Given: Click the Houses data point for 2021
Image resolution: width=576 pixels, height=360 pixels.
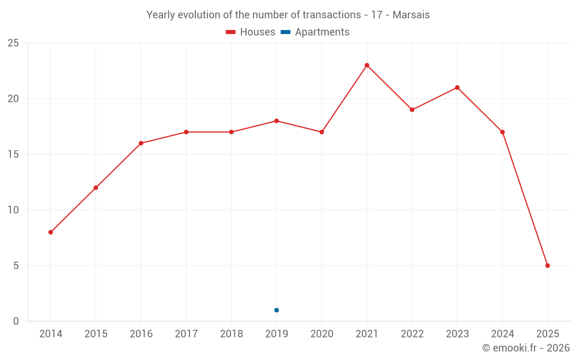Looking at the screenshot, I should [x=367, y=65].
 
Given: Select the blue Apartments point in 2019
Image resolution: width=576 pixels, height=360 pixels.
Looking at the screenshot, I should [x=276, y=310].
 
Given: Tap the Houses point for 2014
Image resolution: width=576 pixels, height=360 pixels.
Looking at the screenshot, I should [x=51, y=232].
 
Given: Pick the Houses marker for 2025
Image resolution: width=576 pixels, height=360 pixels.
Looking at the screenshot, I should [x=548, y=266].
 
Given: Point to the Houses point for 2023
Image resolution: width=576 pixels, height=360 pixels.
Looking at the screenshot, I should [x=457, y=88].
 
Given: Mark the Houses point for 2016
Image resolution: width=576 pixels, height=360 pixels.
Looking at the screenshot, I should [x=141, y=143].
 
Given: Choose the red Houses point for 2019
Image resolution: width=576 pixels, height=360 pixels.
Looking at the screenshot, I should [x=276, y=121].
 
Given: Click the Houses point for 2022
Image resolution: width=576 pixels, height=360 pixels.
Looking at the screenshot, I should [x=412, y=109].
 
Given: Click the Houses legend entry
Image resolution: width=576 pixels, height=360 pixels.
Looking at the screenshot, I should [x=251, y=32].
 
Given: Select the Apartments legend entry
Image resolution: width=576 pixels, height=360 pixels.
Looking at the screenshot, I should [x=315, y=32].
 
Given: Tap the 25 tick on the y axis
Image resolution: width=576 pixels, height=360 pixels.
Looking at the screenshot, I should [x=13, y=43].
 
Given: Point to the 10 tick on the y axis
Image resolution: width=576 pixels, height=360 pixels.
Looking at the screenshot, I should [x=13, y=210].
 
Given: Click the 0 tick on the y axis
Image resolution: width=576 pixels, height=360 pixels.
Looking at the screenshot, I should [x=16, y=321].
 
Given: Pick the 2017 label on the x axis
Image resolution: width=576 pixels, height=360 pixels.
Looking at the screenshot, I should [x=186, y=334].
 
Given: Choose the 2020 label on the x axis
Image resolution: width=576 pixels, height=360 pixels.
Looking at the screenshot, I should [x=321, y=334].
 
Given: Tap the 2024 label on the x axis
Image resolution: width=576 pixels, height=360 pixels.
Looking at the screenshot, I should [x=502, y=334].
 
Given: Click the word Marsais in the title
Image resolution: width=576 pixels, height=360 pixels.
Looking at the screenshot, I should [x=411, y=15].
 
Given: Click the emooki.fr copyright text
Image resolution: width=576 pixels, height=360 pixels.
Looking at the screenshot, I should [x=526, y=348].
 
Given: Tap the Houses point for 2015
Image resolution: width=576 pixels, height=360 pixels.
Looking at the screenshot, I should [x=96, y=188].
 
